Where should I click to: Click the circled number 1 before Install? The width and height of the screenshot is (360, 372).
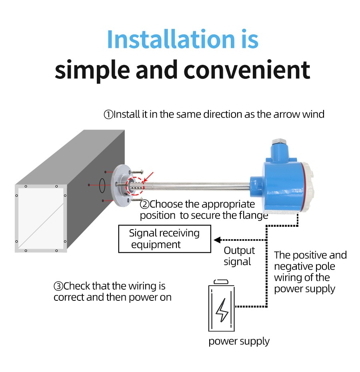pyautogui.click(x=108, y=114)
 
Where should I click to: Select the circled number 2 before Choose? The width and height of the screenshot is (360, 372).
pyautogui.click(x=144, y=204)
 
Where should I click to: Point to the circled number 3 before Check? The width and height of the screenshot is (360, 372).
pyautogui.click(x=58, y=286)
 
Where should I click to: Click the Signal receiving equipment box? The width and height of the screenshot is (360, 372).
pyautogui.click(x=165, y=239)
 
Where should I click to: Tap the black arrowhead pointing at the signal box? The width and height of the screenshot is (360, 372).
pyautogui.click(x=217, y=240)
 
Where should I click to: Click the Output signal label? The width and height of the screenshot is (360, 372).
pyautogui.click(x=239, y=256)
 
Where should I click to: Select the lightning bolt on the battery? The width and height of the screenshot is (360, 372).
pyautogui.click(x=222, y=310)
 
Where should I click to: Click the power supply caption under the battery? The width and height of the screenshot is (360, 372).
pyautogui.click(x=239, y=342)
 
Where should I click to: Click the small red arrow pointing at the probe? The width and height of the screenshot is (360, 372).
pyautogui.click(x=148, y=177)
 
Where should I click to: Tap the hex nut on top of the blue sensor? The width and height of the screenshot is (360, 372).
pyautogui.click(x=279, y=142)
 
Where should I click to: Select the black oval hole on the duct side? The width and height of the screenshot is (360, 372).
pyautogui.click(x=102, y=185)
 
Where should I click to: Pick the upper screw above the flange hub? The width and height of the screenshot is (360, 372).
pyautogui.click(x=138, y=172)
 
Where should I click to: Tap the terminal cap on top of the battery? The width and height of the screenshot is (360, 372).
pyautogui.click(x=221, y=282)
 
